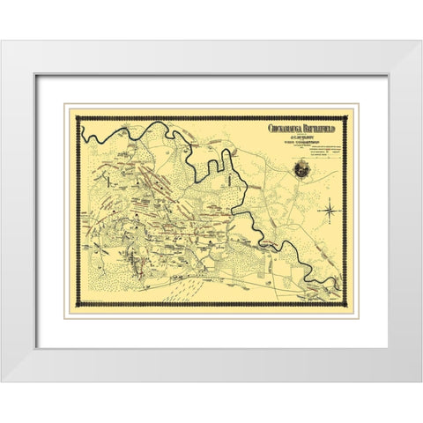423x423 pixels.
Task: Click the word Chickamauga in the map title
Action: (284, 128)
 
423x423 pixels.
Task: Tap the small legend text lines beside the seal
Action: (327, 150)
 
